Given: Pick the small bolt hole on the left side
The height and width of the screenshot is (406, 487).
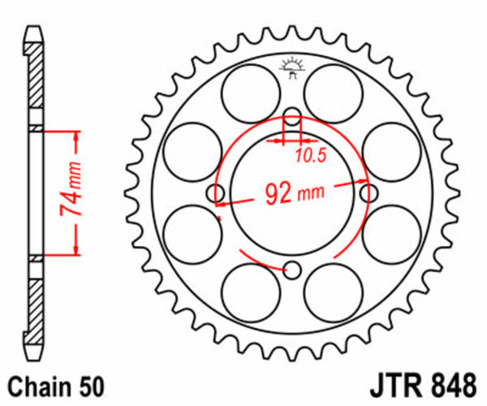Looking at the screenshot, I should coord(216,192).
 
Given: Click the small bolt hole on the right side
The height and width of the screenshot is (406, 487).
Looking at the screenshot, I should coord(371,192).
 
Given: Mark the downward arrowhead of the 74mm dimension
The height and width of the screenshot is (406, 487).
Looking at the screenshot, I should coord(76,250).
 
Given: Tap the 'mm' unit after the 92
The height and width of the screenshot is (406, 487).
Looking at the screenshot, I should coord(311,195).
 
